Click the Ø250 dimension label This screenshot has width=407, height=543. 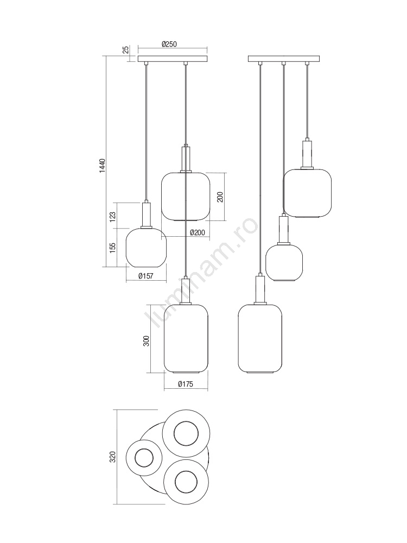169,45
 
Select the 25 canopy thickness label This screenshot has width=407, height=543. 126,49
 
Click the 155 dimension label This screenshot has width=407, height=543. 112,248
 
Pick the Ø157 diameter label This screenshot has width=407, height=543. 145,276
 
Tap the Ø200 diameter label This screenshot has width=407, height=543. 198,233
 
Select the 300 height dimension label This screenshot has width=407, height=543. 147,341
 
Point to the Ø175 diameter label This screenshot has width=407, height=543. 186,384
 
